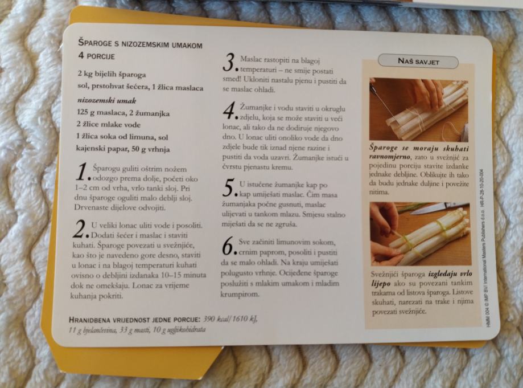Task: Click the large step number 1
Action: point(82,173)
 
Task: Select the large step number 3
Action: point(229,63)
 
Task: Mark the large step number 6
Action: point(228,247)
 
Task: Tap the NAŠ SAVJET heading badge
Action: point(418,62)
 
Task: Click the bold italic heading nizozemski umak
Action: point(107,100)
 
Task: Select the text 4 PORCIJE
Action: point(96,56)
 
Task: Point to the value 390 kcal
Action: point(215,319)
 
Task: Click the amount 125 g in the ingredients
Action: point(87,113)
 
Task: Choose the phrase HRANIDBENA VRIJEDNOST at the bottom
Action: point(110,320)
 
